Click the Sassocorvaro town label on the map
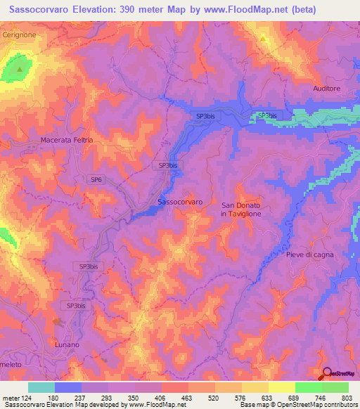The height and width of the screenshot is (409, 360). pos(180,202)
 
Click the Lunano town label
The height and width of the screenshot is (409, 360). pos(69,345)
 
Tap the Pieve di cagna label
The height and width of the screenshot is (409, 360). pos(309,254)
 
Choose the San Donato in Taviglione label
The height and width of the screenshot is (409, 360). pos(241,209)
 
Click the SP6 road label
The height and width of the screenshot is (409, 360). pos(96,180)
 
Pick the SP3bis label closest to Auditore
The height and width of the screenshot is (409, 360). pos(267,115)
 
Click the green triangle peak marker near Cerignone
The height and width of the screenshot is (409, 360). pos(20,70)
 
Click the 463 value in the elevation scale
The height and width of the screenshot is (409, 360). pos(186,398)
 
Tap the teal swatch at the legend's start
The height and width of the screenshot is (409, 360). pos(41,387)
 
